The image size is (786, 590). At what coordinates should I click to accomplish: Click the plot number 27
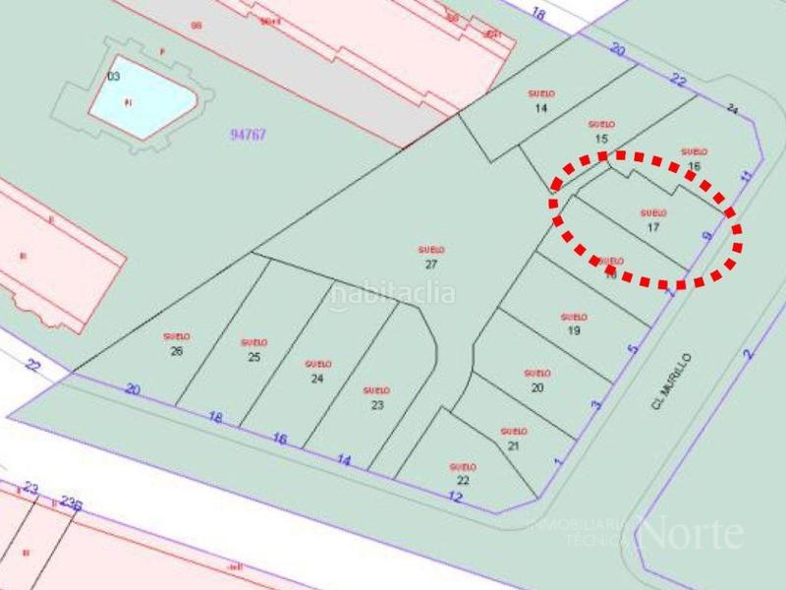tap(430, 265)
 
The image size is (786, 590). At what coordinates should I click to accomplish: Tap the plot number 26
tap(176, 351)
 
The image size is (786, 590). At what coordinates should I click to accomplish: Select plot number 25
tap(253, 357)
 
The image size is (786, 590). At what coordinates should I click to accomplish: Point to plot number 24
tap(316, 379)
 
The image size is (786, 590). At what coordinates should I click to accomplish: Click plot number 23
tap(376, 405)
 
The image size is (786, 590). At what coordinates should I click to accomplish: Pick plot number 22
tap(463, 481)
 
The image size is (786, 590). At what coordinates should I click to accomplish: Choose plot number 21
tap(513, 445)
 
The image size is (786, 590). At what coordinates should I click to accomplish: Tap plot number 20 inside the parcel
tap(536, 387)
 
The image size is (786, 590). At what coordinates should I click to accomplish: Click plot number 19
tap(574, 331)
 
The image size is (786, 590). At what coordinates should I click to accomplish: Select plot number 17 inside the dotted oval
tap(652, 227)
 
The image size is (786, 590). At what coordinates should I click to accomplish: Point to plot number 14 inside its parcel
tap(540, 108)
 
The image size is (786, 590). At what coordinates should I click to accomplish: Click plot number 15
tap(601, 139)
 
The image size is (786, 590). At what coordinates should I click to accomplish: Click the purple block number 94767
tap(248, 135)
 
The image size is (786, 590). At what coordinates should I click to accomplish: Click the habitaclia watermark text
tap(392, 293)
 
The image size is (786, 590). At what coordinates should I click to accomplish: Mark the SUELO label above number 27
tap(431, 250)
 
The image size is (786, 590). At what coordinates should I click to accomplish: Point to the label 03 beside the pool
tap(113, 76)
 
